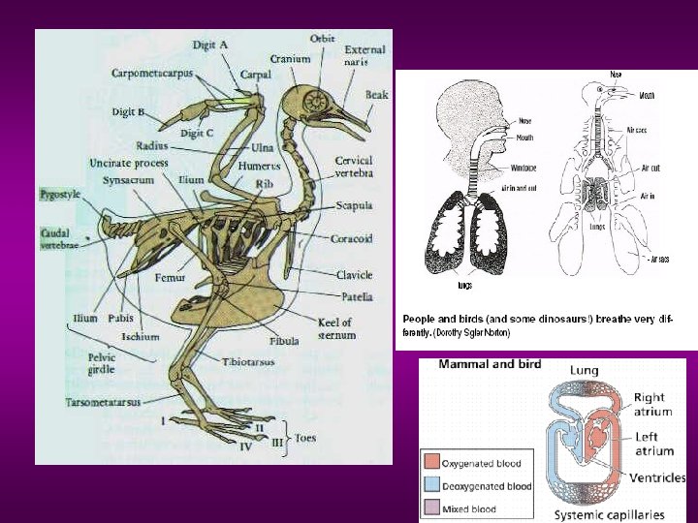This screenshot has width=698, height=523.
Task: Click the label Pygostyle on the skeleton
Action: [x=59, y=195]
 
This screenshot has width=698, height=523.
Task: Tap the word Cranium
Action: [x=290, y=59]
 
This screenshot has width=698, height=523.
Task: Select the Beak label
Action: [x=377, y=95]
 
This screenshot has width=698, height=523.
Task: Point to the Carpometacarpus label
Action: [x=151, y=73]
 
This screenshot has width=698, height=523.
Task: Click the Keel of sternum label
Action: [x=335, y=328]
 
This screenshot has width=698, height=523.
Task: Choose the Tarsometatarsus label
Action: [x=103, y=401]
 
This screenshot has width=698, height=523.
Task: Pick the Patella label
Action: [x=356, y=296]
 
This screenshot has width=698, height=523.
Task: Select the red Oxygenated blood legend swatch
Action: [x=429, y=462]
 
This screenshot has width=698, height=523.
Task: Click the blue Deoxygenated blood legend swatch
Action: [x=429, y=485]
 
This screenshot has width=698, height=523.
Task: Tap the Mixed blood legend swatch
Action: [x=429, y=508]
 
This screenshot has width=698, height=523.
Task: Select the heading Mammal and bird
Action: [x=490, y=364]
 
